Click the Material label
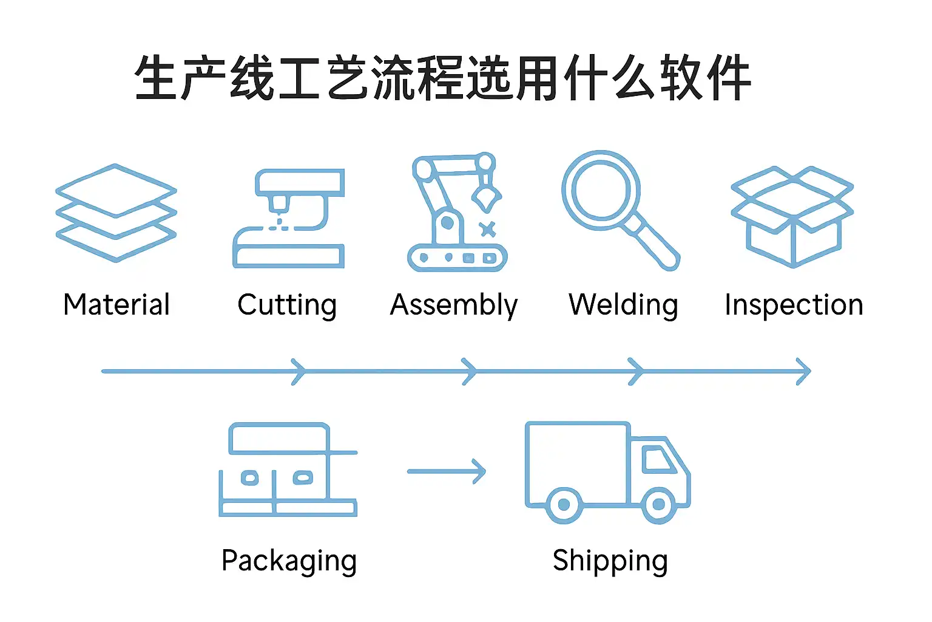tap(116, 304)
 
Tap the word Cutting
tap(286, 306)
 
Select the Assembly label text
tap(454, 306)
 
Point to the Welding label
tap(623, 306)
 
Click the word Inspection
tap(794, 305)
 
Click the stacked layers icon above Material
tap(116, 213)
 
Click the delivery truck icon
tap(607, 471)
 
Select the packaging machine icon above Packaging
tap(288, 470)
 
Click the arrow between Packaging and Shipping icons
tap(447, 471)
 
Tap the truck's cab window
tap(657, 459)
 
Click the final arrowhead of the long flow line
tap(804, 371)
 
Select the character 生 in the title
tap(157, 78)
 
